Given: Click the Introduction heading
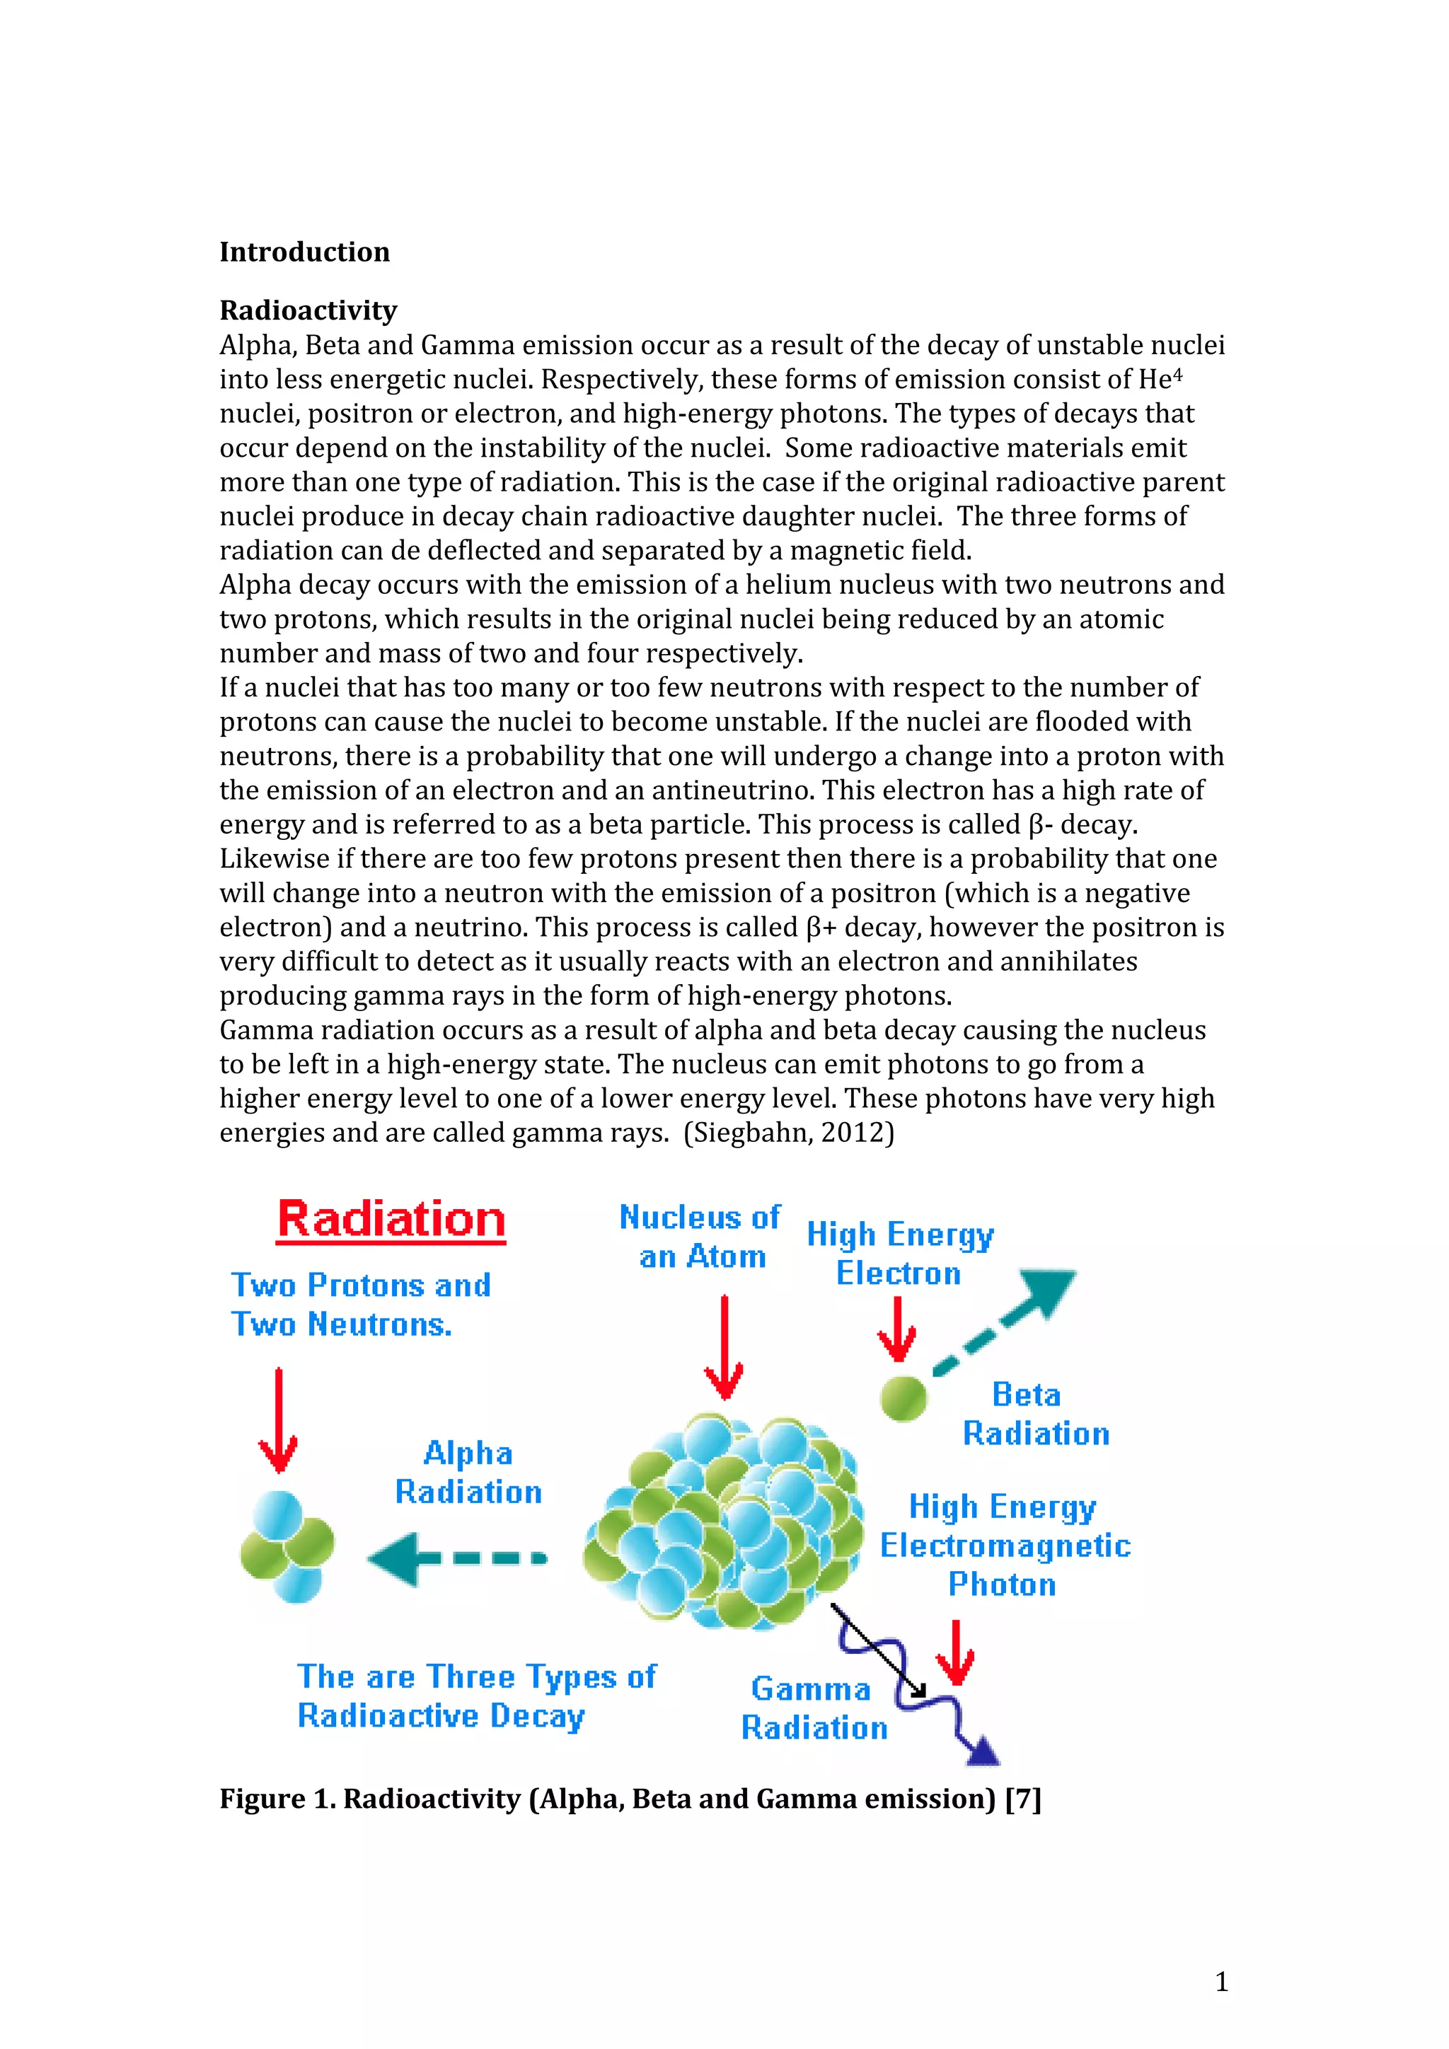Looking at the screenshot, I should click(304, 252).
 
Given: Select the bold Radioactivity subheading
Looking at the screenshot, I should click(308, 310).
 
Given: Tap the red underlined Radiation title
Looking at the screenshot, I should click(391, 1220).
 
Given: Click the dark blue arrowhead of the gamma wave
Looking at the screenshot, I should click(984, 1752).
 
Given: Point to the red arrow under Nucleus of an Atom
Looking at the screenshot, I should click(724, 1348).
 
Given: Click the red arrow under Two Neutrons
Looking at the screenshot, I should click(279, 1419).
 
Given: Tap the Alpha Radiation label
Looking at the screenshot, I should click(468, 1473).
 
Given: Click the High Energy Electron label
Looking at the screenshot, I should click(899, 1254).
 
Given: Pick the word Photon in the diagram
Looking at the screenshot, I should click(1002, 1584).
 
